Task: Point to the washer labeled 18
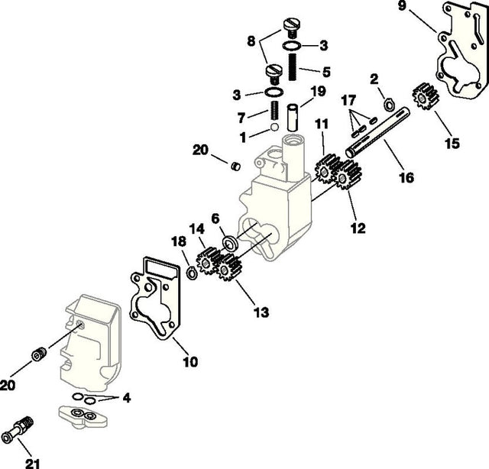click(x=191, y=272)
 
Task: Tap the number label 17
click(x=348, y=99)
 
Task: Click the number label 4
click(x=126, y=397)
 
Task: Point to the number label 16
click(x=406, y=178)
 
